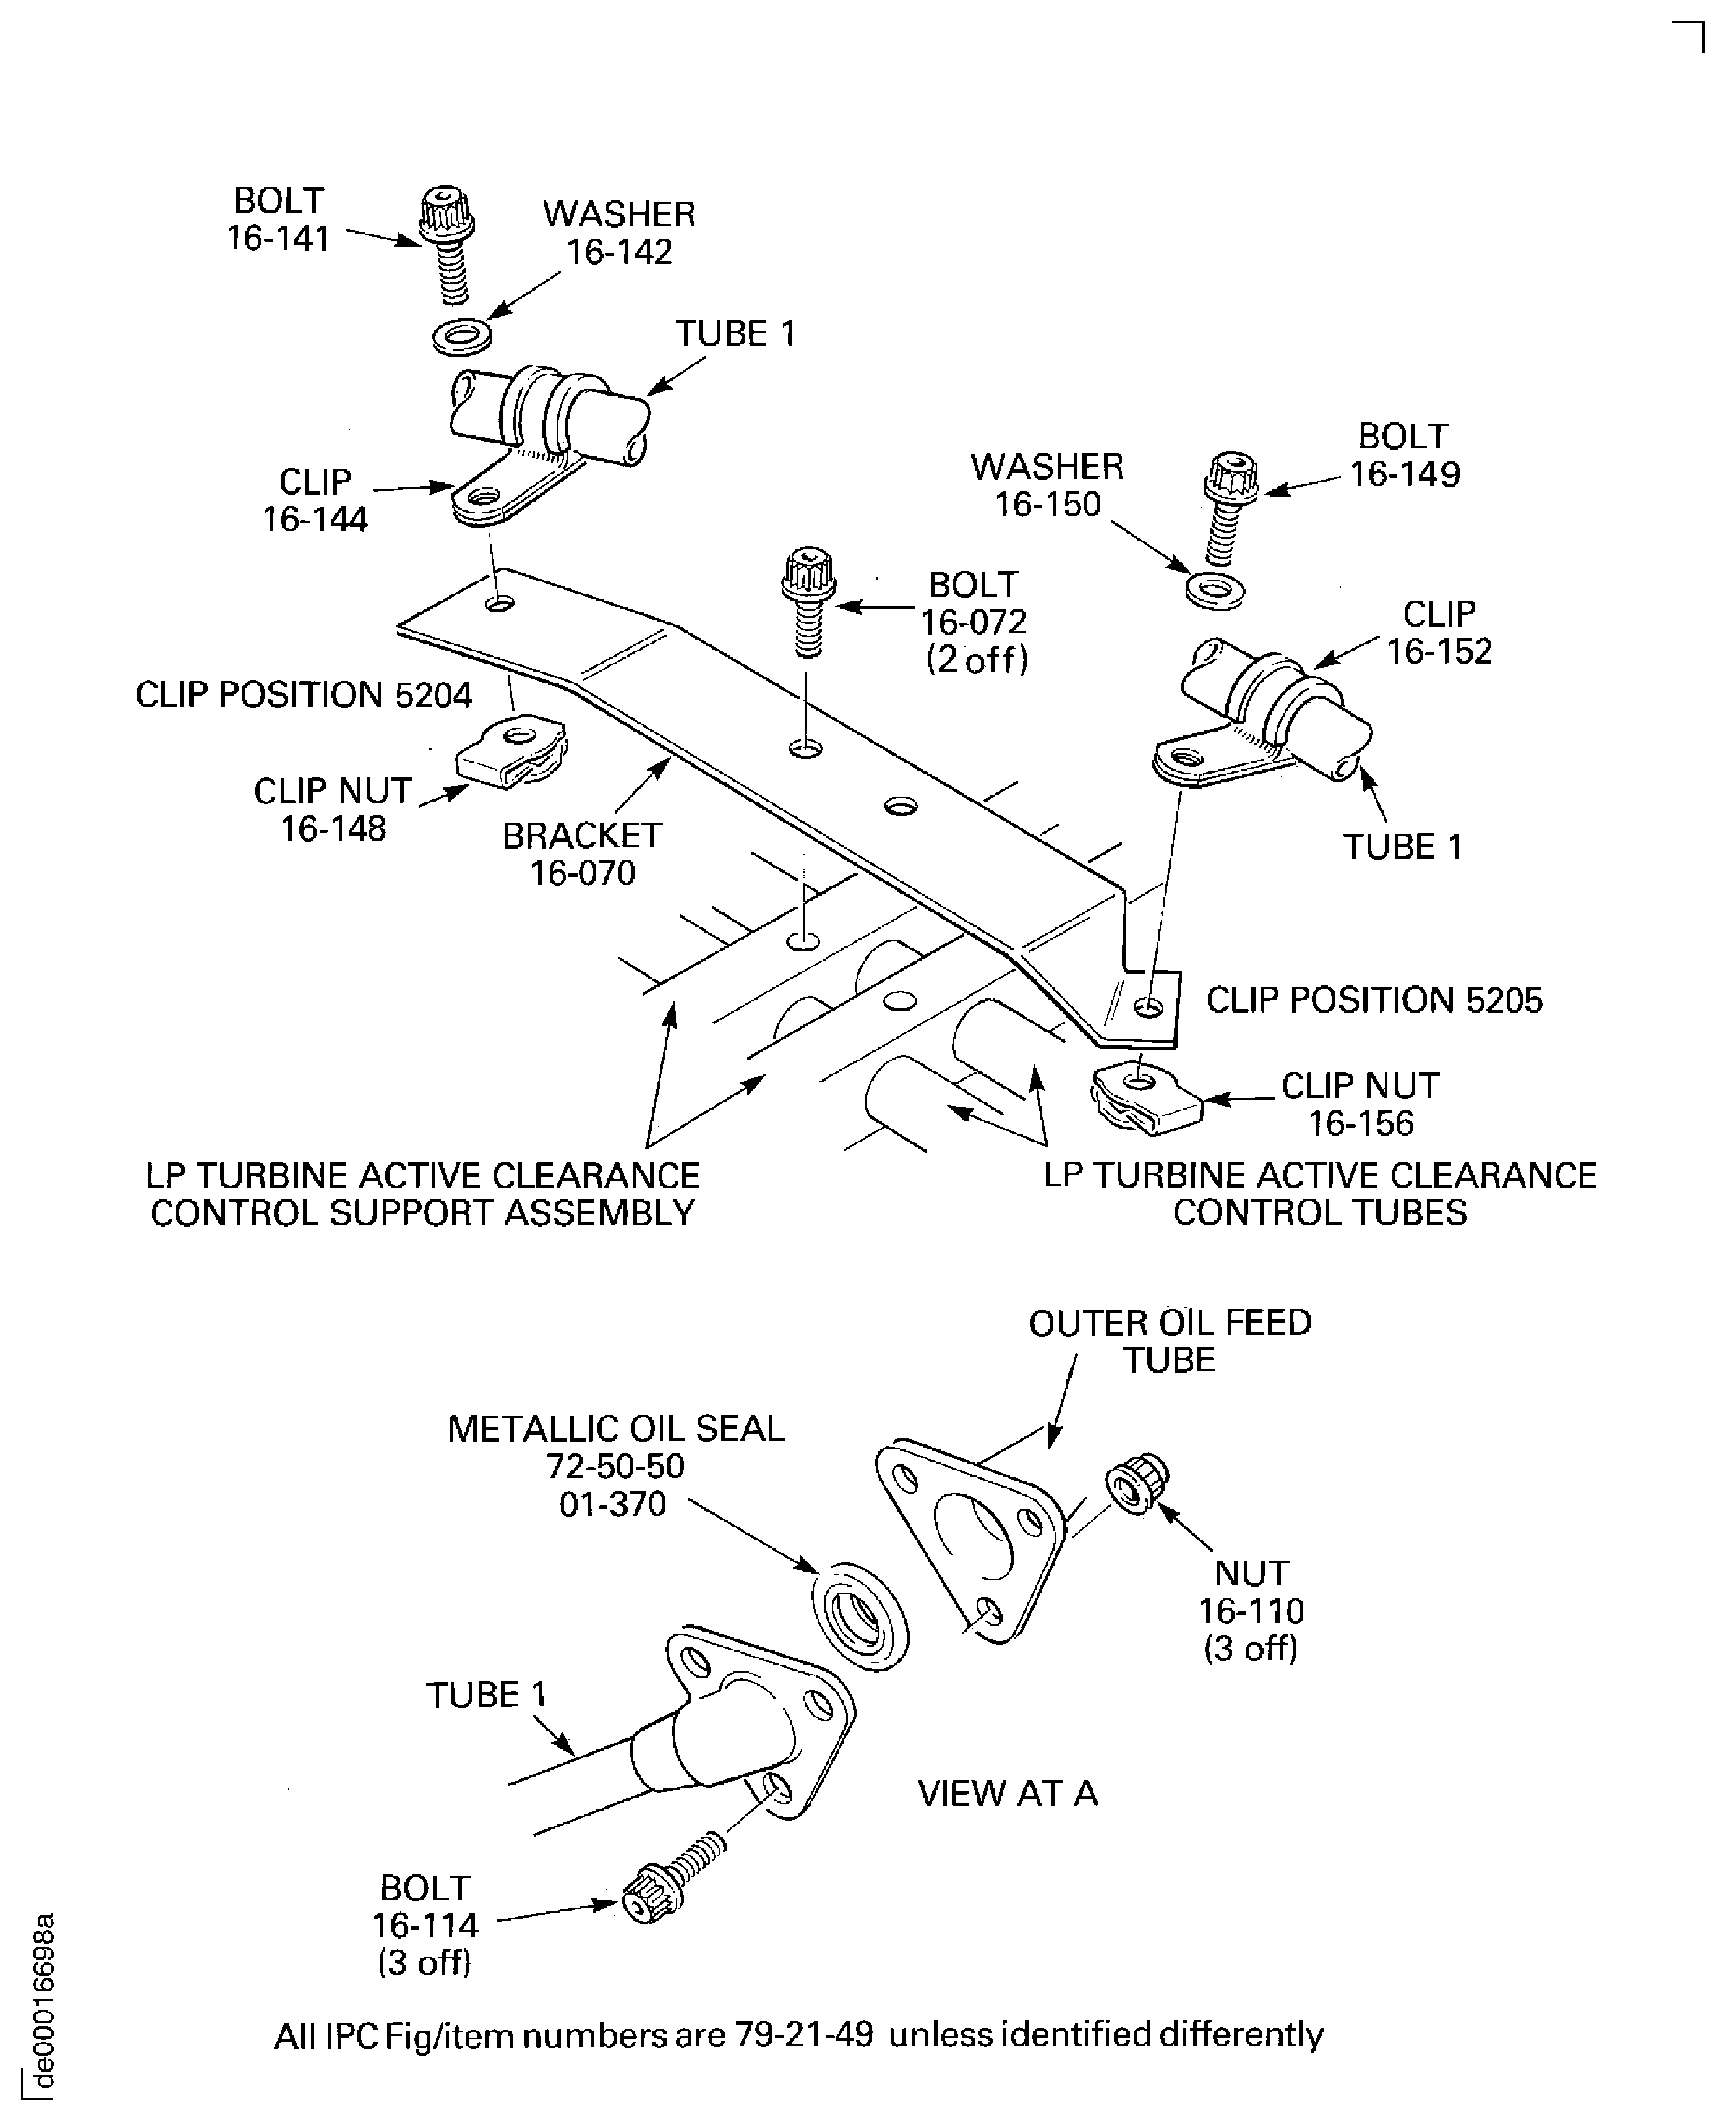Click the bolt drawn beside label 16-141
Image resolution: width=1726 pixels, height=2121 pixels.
pos(445,243)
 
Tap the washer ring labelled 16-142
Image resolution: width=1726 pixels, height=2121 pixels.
pos(462,336)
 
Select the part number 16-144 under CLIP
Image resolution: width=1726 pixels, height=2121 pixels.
pos(315,519)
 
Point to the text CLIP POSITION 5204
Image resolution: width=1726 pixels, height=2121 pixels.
pos(303,694)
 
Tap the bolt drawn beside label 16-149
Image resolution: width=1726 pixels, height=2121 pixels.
pos(1230,509)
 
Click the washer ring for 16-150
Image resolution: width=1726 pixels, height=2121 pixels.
pos(1215,590)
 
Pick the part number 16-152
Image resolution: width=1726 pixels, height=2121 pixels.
pos(1439,651)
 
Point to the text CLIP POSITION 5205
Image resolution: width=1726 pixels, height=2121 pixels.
pos(1374,1000)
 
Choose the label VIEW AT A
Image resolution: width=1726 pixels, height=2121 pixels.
pos(1007,1793)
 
